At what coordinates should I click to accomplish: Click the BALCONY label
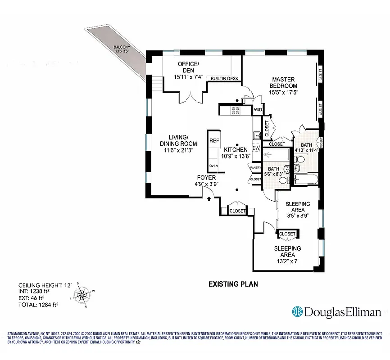pyautogui.click(x=122, y=46)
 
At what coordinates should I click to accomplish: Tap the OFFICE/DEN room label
pyautogui.click(x=189, y=67)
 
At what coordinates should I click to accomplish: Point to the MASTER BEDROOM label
pyautogui.click(x=284, y=83)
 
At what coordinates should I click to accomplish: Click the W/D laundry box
pyautogui.click(x=258, y=110)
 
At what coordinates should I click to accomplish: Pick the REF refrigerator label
pyautogui.click(x=214, y=141)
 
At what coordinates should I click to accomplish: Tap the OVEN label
pyautogui.click(x=213, y=166)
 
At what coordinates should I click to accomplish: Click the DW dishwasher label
pyautogui.click(x=256, y=148)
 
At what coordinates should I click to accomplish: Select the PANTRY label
pyautogui.click(x=255, y=167)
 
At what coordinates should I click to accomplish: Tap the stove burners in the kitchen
pyautogui.click(x=236, y=110)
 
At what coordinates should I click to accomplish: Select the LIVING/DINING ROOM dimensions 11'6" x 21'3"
pyautogui.click(x=179, y=151)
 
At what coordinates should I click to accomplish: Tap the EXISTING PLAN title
pyautogui.click(x=232, y=284)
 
